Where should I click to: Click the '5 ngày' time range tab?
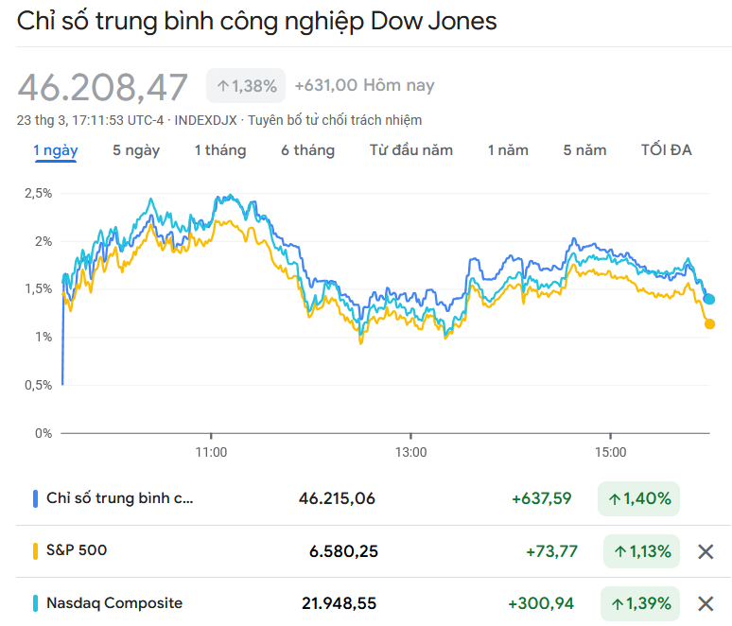tap(136, 150)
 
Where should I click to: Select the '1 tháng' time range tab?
tap(220, 150)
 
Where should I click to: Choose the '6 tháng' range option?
tap(307, 150)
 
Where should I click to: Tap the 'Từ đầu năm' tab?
tap(411, 150)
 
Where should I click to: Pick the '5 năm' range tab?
tap(584, 150)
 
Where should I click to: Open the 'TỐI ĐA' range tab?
tap(666, 150)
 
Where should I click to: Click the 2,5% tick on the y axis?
tap(38, 193)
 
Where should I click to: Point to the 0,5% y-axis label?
tap(38, 385)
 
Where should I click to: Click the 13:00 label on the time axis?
tap(411, 452)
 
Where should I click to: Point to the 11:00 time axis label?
tap(211, 452)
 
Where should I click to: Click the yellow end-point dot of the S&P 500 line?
tap(709, 324)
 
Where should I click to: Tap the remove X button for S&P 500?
tap(705, 551)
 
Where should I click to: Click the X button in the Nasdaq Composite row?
tap(705, 603)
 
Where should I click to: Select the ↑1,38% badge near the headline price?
tap(246, 86)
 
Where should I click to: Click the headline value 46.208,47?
tap(103, 87)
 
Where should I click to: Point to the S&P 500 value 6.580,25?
tap(343, 551)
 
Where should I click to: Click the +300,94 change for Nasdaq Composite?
tap(540, 603)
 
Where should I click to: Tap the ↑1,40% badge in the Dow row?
tap(639, 498)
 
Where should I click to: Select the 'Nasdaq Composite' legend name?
tap(114, 603)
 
